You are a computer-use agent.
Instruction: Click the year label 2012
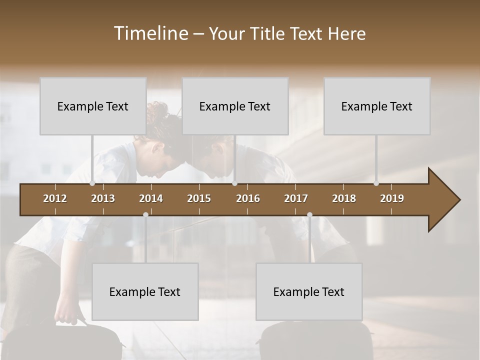[x=55, y=198]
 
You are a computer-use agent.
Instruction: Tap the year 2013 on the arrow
[x=103, y=198]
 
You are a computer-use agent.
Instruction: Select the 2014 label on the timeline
[x=151, y=198]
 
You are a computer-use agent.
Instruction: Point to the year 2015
[x=199, y=198]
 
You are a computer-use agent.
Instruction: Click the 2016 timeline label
[x=248, y=198]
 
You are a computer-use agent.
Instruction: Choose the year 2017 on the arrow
[x=296, y=198]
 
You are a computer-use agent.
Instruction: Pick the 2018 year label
[x=344, y=198]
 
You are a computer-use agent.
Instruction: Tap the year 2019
[x=392, y=198]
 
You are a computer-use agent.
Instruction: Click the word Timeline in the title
[x=150, y=33]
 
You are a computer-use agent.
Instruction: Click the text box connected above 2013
[x=93, y=106]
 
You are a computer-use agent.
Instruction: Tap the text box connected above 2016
[x=235, y=106]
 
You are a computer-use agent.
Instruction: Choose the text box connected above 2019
[x=377, y=106]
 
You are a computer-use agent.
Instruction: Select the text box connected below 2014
[x=145, y=291]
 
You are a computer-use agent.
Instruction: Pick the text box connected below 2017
[x=309, y=291]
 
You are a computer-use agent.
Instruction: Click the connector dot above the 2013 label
[x=92, y=183]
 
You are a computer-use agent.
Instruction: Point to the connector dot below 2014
[x=145, y=214]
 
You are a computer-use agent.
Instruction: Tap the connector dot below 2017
[x=309, y=214]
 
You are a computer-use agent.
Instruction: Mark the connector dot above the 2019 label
[x=376, y=183]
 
